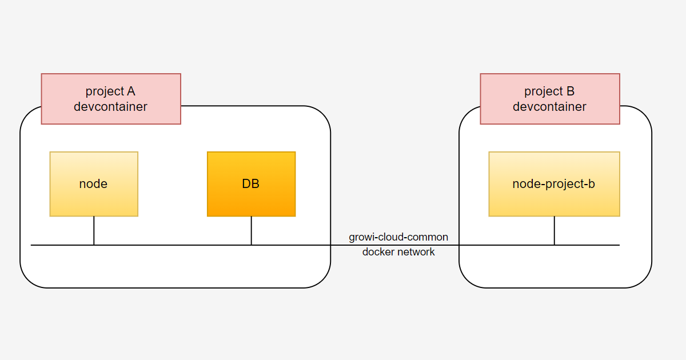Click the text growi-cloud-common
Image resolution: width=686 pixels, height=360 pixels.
[398, 237]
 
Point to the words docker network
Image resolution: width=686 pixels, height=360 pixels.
[398, 252]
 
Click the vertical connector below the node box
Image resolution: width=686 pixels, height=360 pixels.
[94, 230]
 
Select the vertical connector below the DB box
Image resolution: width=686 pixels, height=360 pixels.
[251, 230]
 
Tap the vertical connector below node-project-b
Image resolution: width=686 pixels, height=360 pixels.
[554, 230]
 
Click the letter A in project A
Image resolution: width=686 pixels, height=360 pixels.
[131, 91]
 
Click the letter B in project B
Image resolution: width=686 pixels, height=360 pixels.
[570, 91]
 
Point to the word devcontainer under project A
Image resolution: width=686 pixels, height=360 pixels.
[110, 107]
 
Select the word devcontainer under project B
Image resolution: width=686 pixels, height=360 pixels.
[549, 107]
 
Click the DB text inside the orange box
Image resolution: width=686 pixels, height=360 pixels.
[251, 184]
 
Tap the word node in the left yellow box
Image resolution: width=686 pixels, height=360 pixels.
[93, 184]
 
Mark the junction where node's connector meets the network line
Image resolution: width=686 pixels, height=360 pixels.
[94, 245]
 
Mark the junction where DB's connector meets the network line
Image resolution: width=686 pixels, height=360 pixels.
[251, 245]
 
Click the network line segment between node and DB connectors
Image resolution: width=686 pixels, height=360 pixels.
[171, 245]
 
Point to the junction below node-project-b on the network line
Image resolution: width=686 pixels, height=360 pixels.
[554, 245]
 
